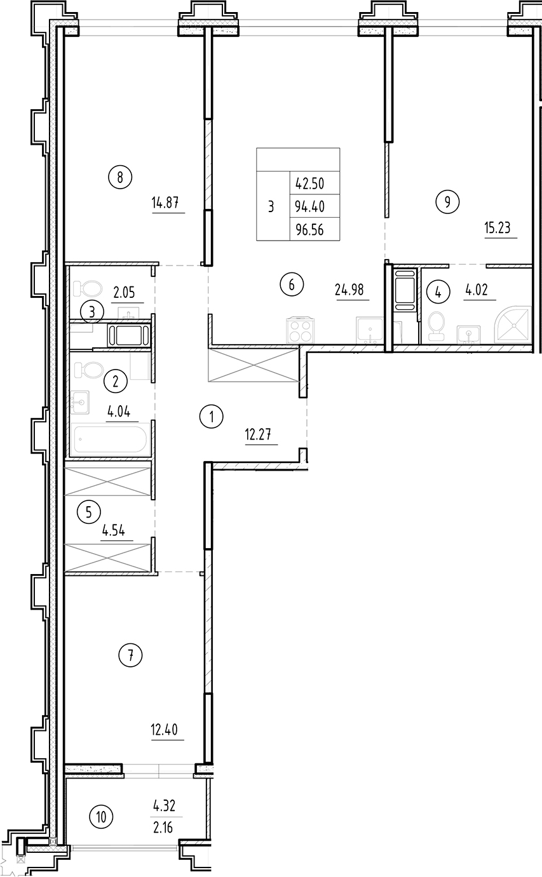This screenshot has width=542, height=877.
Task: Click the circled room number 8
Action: pos(120,177)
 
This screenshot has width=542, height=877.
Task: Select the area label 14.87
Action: pos(168,204)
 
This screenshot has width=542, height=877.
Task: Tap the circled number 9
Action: pos(447,202)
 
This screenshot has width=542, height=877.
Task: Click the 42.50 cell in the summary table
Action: pos(309,184)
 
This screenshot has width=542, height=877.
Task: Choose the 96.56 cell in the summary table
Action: pos(309,230)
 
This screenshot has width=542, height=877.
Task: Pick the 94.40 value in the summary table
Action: pos(309,207)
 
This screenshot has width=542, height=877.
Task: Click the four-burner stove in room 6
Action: pos(300,330)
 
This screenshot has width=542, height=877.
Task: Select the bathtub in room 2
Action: pos(111,439)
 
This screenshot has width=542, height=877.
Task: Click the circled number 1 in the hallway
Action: pos(211,417)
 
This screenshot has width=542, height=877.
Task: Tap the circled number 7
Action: pos(131,655)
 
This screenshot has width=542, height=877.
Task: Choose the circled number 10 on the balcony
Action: pos(102,817)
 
